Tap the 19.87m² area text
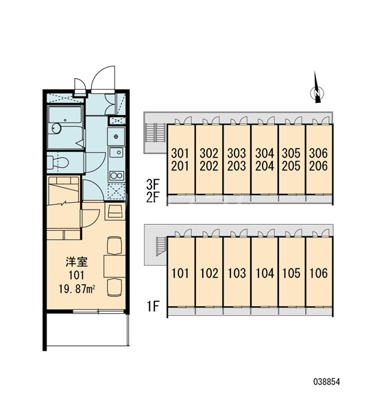(x=77, y=289)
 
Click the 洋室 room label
(x=77, y=262)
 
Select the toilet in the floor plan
(x=59, y=162)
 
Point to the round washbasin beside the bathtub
(x=56, y=129)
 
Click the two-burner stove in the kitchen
(x=117, y=175)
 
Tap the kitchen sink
(x=117, y=152)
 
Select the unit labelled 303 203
(x=236, y=160)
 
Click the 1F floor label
(x=154, y=306)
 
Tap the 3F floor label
(x=153, y=185)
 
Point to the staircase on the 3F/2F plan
(x=156, y=132)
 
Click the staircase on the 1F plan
(x=161, y=246)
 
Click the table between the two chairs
(x=114, y=266)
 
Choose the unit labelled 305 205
(x=291, y=160)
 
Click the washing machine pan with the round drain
(x=116, y=136)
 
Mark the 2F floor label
(x=153, y=197)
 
